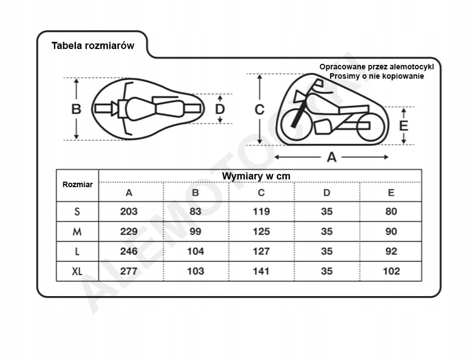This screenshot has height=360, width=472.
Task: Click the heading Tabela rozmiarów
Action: (x=93, y=46)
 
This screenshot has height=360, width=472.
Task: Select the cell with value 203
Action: (x=129, y=211)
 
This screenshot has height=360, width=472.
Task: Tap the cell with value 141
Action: (x=261, y=271)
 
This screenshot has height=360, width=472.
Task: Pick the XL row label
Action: (x=77, y=271)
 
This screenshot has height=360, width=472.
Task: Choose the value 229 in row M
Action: (x=129, y=231)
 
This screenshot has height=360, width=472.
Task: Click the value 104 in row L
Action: (x=196, y=251)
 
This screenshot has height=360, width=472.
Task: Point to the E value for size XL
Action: (x=391, y=271)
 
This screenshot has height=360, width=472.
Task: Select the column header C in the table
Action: (x=261, y=193)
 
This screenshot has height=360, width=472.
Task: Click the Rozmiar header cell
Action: (x=78, y=184)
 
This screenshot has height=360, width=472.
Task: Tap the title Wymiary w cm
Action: (x=256, y=176)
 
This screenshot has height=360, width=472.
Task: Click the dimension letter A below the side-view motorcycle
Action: (x=331, y=157)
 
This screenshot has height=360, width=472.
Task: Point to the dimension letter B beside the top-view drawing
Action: (x=76, y=109)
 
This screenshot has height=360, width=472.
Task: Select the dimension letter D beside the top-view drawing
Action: (x=220, y=109)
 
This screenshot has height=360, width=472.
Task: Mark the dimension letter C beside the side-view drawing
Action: (x=260, y=110)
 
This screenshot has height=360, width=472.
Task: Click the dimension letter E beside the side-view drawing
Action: (x=404, y=126)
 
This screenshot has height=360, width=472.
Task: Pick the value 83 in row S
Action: (x=195, y=211)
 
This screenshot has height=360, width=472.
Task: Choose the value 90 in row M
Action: (x=391, y=231)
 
